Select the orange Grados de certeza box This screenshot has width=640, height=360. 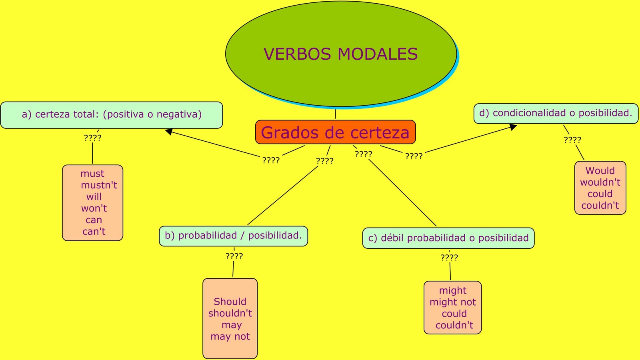(335, 132)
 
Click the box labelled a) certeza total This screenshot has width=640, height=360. (112, 115)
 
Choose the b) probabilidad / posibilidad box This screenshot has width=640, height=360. (233, 236)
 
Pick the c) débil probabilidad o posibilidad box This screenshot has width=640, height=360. (448, 238)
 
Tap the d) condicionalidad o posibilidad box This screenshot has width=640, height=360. (556, 113)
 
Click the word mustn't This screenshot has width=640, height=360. (99, 185)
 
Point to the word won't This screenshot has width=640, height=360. (94, 208)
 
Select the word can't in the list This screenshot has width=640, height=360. (94, 232)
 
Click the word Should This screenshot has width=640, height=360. (230, 302)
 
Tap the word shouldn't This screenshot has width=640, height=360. (230, 313)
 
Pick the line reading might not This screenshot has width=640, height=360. (453, 302)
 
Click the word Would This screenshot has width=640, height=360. (600, 171)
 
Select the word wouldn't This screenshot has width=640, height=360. (600, 182)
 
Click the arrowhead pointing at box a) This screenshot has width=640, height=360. (169, 131)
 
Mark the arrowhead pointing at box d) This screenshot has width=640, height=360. (513, 127)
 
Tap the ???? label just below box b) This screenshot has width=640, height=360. (234, 256)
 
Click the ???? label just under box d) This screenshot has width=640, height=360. (572, 140)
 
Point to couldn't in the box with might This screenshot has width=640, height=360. (454, 325)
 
